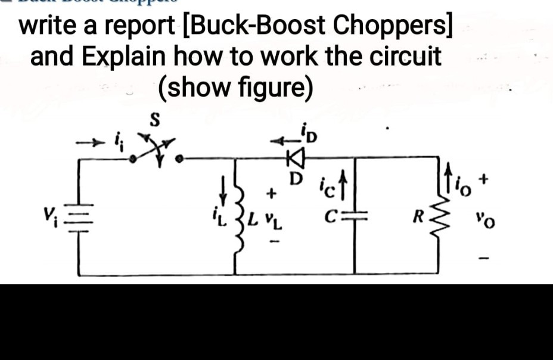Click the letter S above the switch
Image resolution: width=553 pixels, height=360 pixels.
(154, 120)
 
